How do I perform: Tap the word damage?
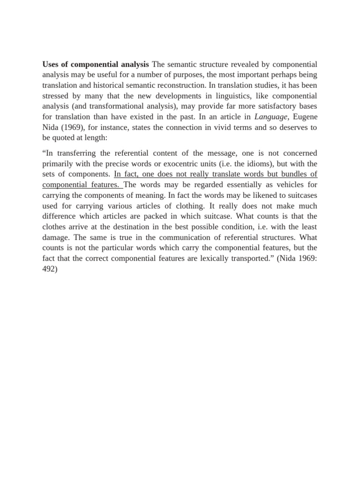click(x=57, y=238)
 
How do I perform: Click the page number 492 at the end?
click(x=49, y=270)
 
